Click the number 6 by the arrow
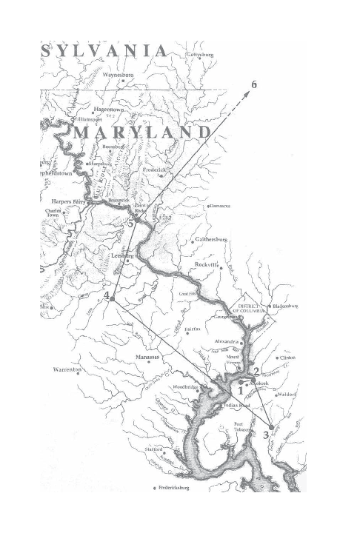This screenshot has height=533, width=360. click(x=254, y=84)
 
